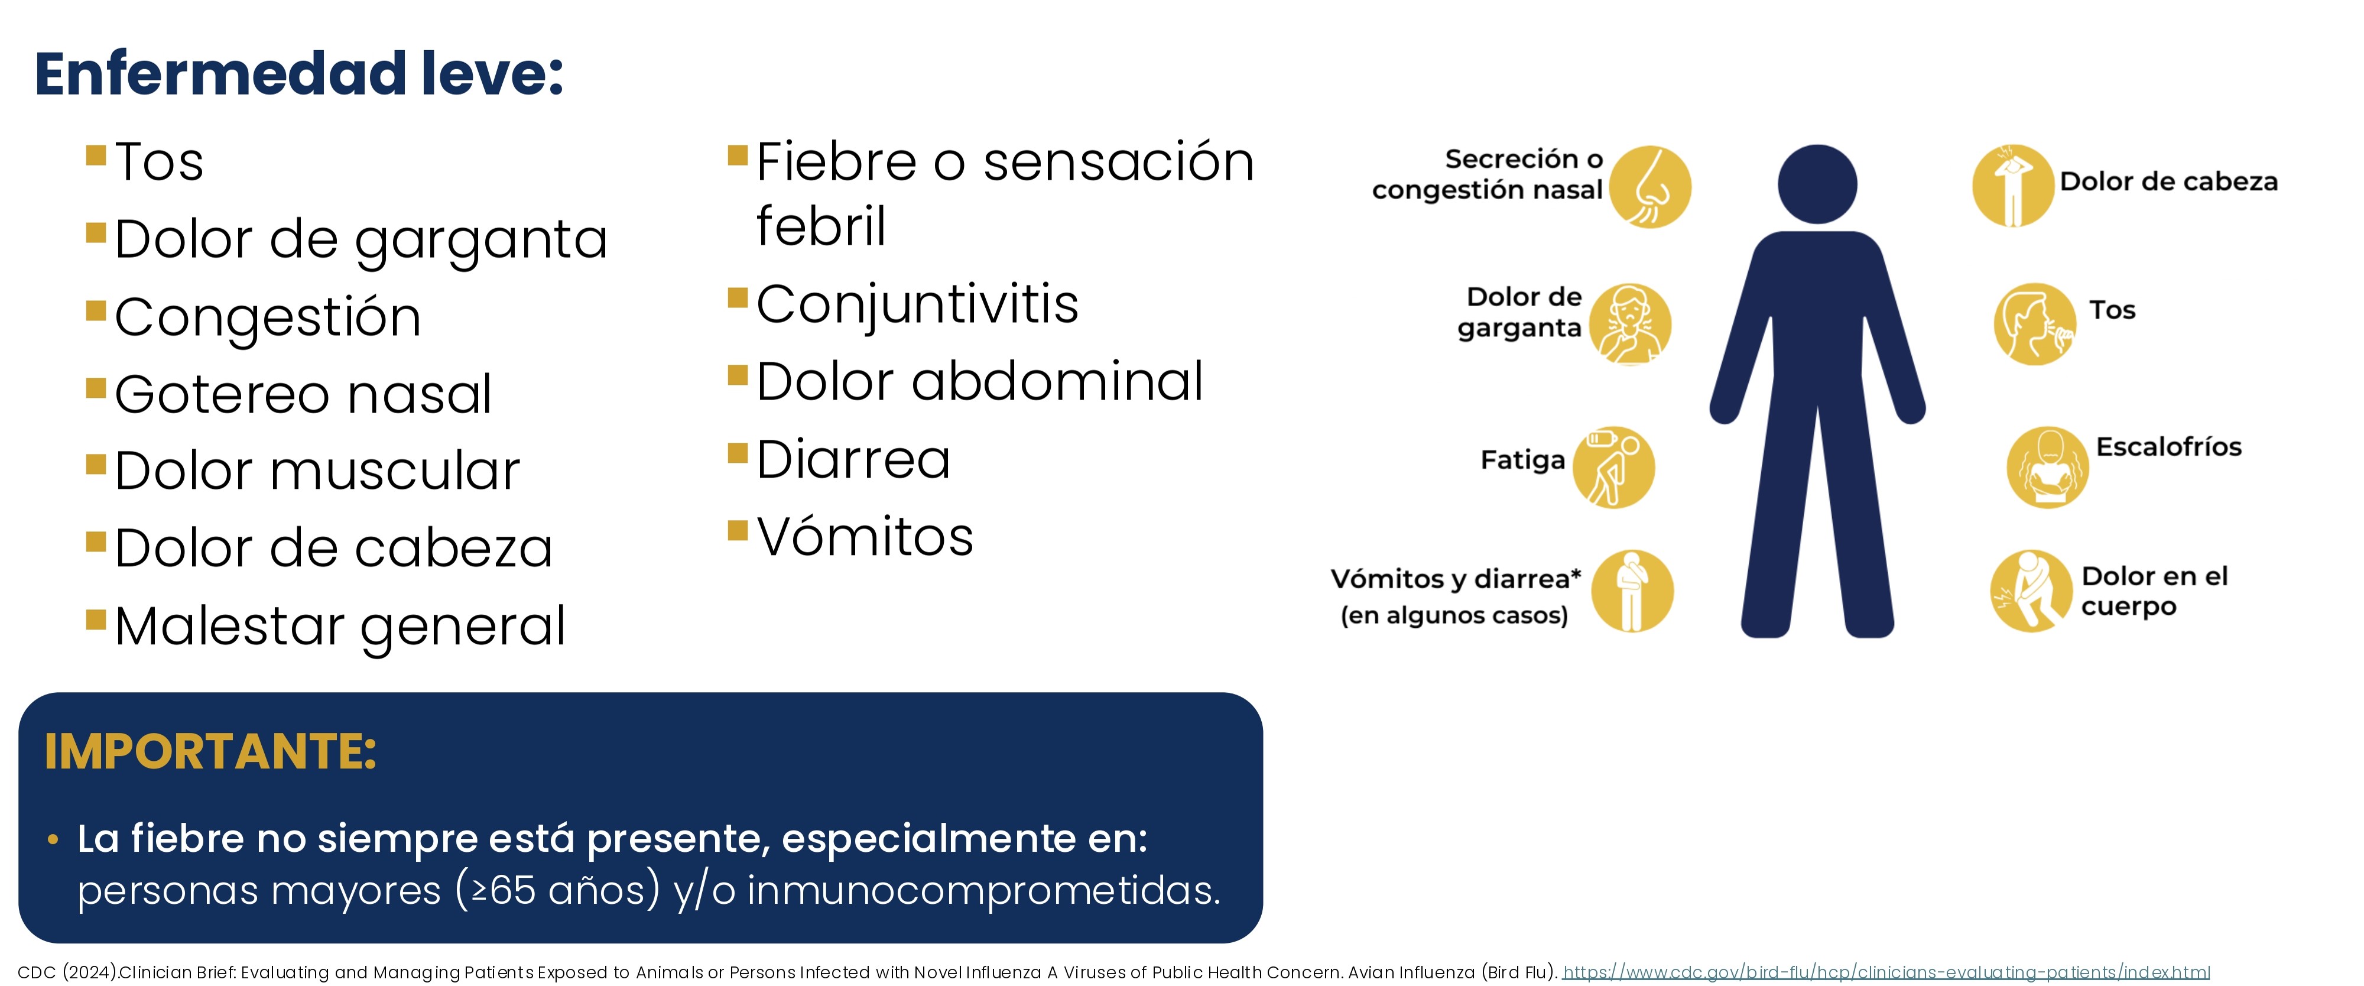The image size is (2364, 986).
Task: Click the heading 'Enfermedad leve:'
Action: coord(299,73)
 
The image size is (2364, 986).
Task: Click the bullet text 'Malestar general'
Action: coord(340,627)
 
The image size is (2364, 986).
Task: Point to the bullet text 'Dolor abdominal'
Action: coord(979,381)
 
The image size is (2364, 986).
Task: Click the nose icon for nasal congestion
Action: coord(1650,186)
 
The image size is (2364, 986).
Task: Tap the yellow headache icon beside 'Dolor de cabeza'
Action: coord(2012,186)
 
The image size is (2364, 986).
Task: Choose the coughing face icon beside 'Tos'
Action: coord(2035,324)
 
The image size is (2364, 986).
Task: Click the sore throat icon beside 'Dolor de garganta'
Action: coord(1630,324)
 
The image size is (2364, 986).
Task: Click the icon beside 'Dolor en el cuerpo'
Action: coord(2031,591)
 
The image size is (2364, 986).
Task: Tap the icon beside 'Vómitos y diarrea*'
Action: coord(1632,591)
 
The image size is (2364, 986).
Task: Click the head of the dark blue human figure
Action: coord(1817,184)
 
